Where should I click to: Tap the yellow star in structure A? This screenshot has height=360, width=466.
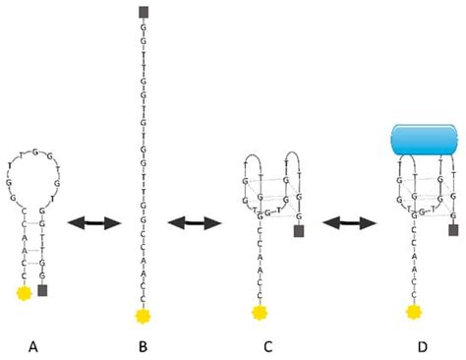[21, 292]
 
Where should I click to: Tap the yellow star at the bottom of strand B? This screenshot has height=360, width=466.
[143, 315]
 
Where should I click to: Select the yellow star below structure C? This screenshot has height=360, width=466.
[260, 312]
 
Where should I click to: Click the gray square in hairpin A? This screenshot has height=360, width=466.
[42, 291]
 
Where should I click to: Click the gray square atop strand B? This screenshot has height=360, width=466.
[144, 13]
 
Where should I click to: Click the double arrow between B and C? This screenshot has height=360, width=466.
[192, 223]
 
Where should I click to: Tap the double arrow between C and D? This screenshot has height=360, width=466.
[348, 223]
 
